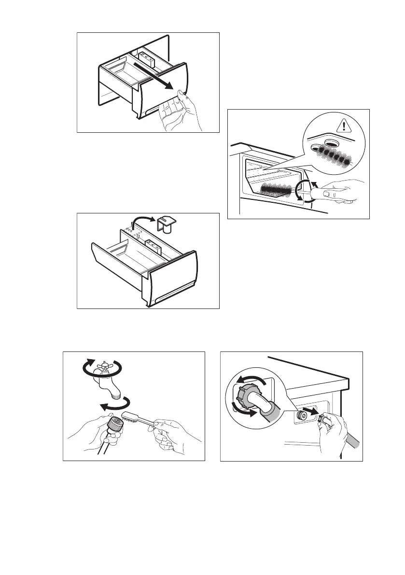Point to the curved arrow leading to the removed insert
point(145,223)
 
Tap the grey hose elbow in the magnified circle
point(268,407)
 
